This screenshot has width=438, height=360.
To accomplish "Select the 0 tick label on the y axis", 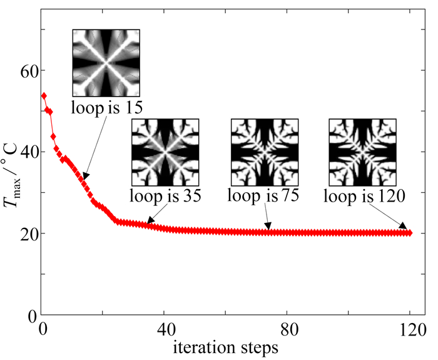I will point(31,315).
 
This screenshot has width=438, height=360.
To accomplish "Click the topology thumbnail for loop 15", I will point(106,62).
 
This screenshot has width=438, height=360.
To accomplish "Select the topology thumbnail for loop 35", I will point(165,152).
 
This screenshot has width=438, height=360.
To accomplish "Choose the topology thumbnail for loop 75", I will point(264,152).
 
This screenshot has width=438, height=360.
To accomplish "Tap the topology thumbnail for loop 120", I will point(362,152).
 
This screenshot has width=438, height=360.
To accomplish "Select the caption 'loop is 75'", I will point(263,195).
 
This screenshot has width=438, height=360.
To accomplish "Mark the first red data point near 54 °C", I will point(44,96).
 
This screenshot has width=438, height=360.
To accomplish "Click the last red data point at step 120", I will point(410,233).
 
